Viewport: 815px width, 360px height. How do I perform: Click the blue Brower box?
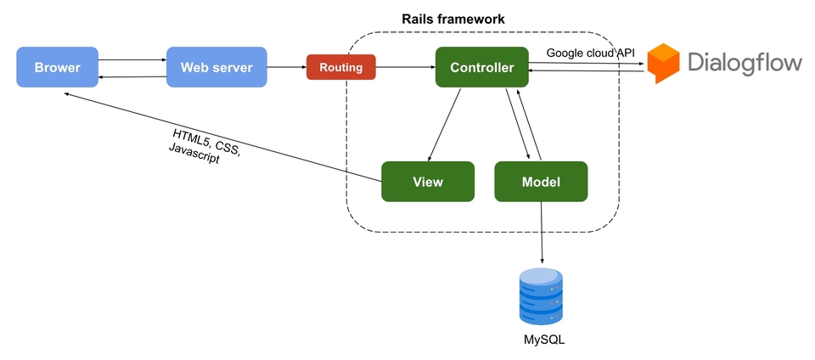(57, 67)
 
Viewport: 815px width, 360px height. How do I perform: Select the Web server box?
(216, 67)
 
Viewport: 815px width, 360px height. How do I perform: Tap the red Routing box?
(340, 67)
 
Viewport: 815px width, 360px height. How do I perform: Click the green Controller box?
(481, 67)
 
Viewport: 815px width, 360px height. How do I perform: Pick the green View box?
(428, 181)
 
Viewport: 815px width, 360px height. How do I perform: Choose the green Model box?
(541, 181)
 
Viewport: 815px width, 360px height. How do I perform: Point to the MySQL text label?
(543, 340)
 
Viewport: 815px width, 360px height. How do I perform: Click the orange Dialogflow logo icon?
(664, 64)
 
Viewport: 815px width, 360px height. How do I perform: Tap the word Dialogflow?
(745, 64)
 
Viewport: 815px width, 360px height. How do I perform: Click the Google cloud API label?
(590, 53)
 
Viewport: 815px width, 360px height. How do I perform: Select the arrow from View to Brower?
(221, 137)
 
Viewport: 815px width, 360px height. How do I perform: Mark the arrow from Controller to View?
(445, 125)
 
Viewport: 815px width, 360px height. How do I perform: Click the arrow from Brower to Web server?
(132, 60)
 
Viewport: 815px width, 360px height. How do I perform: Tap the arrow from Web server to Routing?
(286, 66)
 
